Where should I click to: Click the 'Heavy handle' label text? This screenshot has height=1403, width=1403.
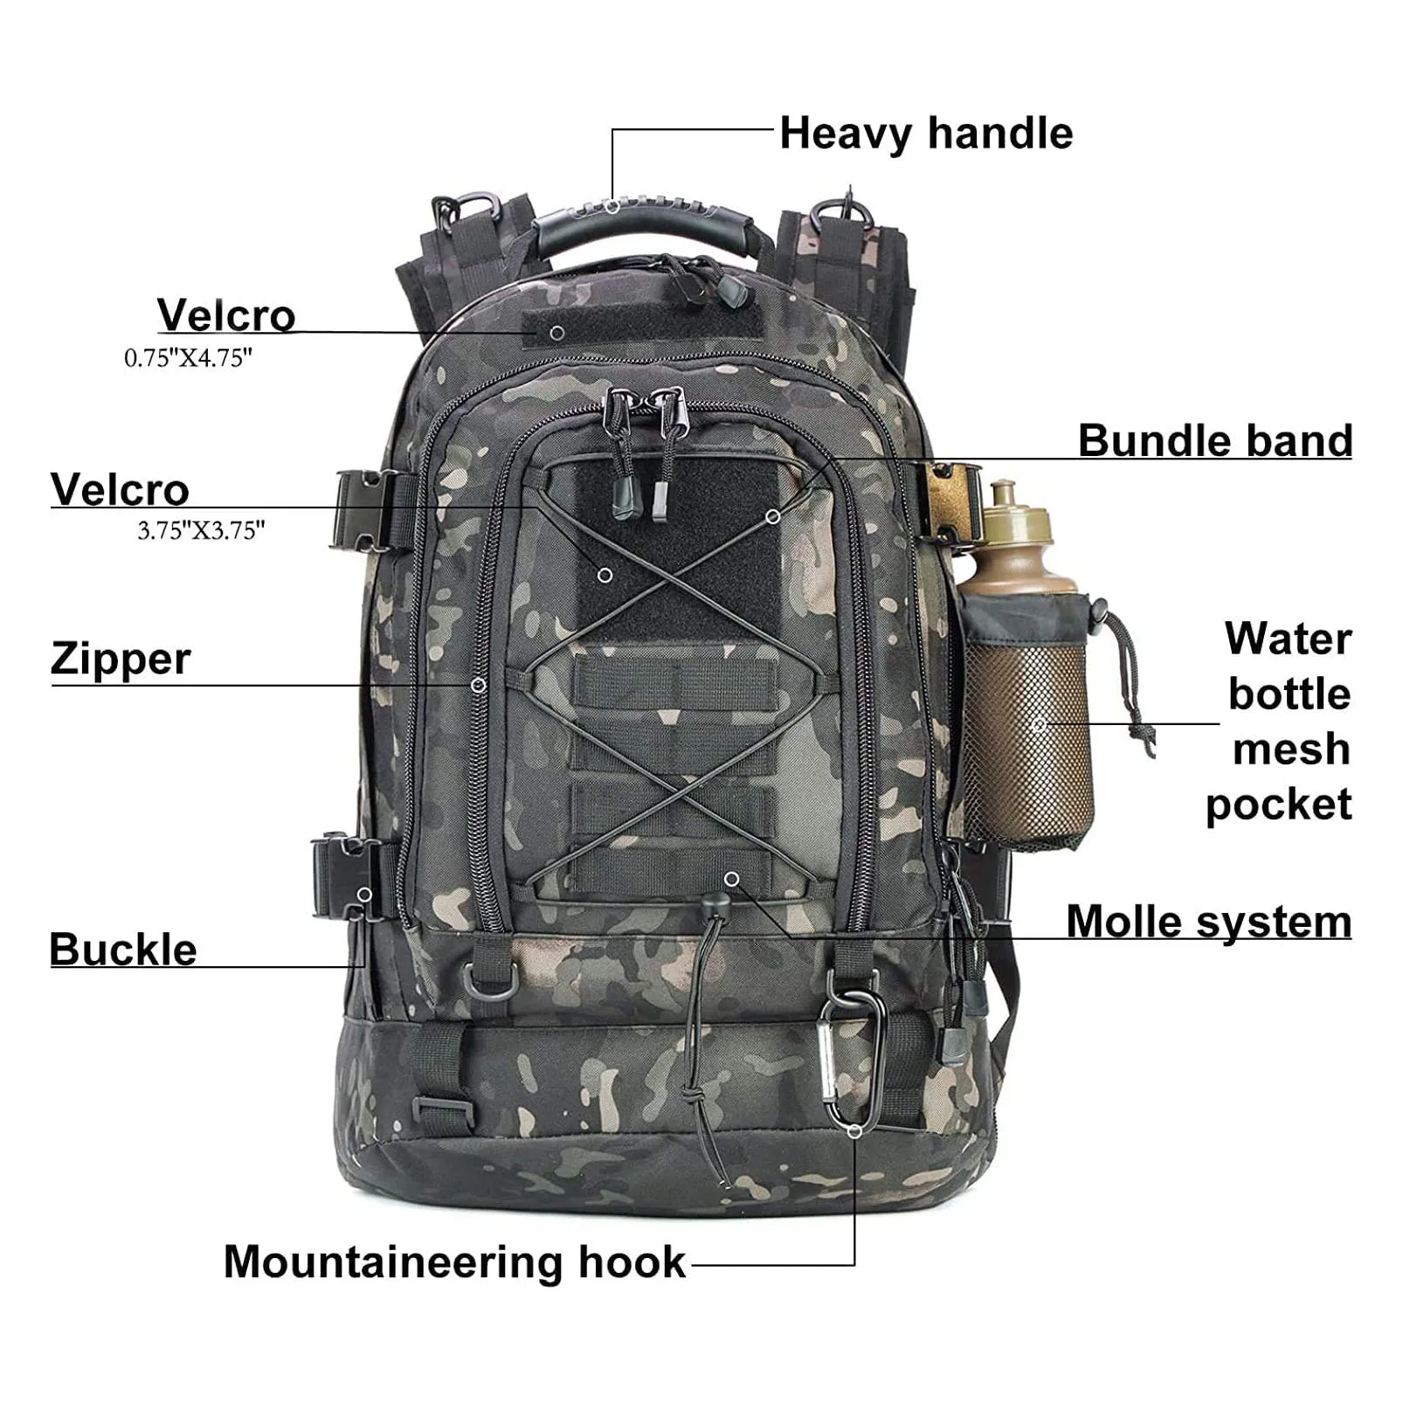925,134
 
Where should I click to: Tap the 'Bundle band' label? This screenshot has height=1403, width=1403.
1214,440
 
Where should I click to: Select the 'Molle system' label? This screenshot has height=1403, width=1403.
1208,922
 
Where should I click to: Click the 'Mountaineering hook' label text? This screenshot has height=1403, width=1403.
454,1262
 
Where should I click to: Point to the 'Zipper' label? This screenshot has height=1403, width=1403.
121,659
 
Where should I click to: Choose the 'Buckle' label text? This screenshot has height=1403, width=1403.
123,950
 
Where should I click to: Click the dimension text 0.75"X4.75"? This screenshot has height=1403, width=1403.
188,357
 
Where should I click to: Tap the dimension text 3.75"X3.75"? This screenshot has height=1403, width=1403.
201,530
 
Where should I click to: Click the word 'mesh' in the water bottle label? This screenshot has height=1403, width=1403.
1291,750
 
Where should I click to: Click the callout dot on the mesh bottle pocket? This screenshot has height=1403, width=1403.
1039,724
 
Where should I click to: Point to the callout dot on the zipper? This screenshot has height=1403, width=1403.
478,686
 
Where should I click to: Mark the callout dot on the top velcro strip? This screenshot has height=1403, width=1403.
556,333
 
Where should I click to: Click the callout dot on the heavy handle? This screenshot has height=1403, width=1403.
613,207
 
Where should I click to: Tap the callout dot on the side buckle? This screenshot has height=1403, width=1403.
364,895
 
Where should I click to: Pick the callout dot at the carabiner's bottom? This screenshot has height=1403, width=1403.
855,1131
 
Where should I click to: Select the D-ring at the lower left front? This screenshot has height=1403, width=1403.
484,981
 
